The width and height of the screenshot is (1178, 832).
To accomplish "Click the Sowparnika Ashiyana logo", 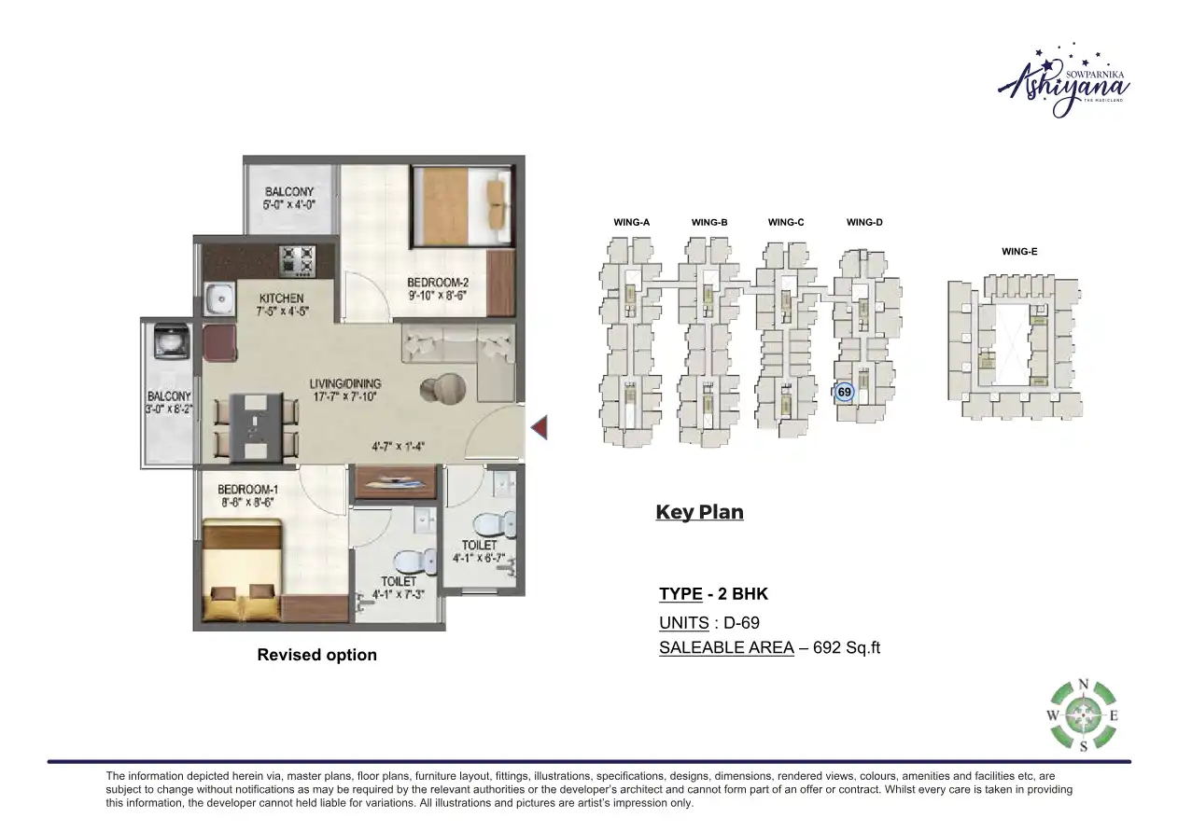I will coord(1053,81).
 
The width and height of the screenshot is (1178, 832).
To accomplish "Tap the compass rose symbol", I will coord(1083,716).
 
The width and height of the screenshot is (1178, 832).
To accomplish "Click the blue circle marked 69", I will coord(844,393).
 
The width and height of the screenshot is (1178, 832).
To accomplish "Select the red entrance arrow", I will coord(539,428).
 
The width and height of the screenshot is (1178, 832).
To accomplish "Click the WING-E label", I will coord(1019,252).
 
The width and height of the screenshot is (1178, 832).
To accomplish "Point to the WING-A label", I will coord(631,223).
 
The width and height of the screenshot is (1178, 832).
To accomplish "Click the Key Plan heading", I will coord(699,512).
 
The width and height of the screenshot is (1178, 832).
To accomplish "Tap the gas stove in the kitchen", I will coord(297,260).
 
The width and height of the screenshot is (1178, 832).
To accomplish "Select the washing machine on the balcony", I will coord(169,341).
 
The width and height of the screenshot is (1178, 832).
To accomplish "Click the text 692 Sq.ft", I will coord(847,648).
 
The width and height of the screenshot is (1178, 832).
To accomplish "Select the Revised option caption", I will coord(316,655).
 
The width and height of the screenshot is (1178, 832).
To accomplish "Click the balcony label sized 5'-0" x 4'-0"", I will coord(288,198).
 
